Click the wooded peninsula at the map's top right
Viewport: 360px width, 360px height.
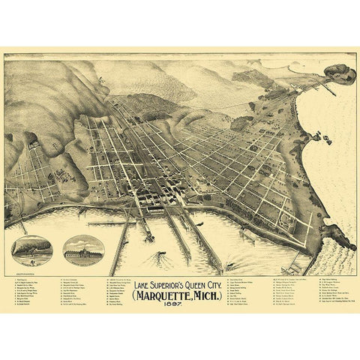pyautogui.click(x=339, y=73)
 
